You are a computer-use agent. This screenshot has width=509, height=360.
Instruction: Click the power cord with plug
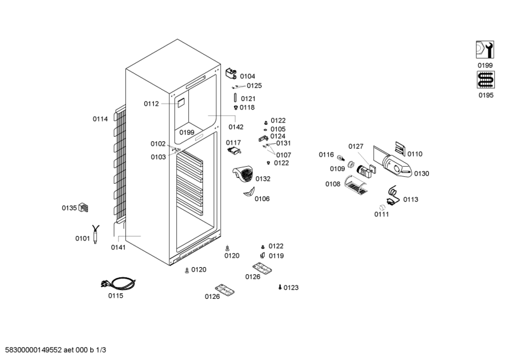[118, 284]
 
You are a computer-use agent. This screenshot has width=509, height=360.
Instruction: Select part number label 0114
[101, 119]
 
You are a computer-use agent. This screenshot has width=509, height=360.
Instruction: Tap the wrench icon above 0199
[485, 50]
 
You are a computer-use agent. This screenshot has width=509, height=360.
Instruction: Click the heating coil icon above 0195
[485, 80]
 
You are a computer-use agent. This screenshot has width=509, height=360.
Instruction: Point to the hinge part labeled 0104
[231, 73]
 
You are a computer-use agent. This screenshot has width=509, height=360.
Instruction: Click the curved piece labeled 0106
[249, 192]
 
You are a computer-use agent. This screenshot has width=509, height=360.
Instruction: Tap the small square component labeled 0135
[83, 207]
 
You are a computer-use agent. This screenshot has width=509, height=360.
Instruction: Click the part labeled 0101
[95, 234]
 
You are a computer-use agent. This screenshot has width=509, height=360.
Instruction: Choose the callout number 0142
[236, 127]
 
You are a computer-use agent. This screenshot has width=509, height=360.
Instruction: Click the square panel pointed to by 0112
[181, 103]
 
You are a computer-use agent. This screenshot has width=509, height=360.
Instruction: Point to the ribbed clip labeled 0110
[400, 149]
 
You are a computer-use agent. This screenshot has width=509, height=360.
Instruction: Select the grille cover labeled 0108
[356, 185]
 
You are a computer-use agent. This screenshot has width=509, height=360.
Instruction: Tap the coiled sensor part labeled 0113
[393, 196]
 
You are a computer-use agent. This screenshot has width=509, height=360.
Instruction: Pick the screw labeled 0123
[280, 287]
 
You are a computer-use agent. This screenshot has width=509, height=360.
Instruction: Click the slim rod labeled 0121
[235, 98]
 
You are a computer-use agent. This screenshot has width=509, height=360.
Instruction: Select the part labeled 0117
[234, 151]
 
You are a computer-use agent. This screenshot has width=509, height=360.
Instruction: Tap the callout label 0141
[118, 247]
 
